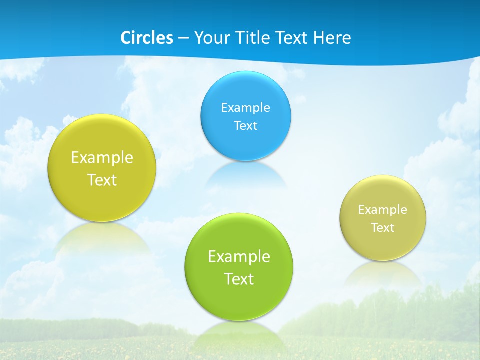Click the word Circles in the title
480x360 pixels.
tap(147, 38)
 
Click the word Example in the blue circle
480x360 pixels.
tap(245, 107)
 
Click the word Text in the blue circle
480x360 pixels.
tap(245, 125)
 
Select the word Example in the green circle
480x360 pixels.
tap(239, 256)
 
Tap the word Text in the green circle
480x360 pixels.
tap(239, 278)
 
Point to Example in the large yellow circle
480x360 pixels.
tap(102, 157)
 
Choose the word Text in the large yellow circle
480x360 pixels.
tap(102, 180)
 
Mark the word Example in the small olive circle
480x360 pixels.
tap(383, 209)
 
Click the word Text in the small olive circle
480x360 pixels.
tap(383, 227)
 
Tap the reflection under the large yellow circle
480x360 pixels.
tap(102, 237)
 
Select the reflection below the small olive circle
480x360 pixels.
tap(383, 272)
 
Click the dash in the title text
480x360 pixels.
tap(183, 38)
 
